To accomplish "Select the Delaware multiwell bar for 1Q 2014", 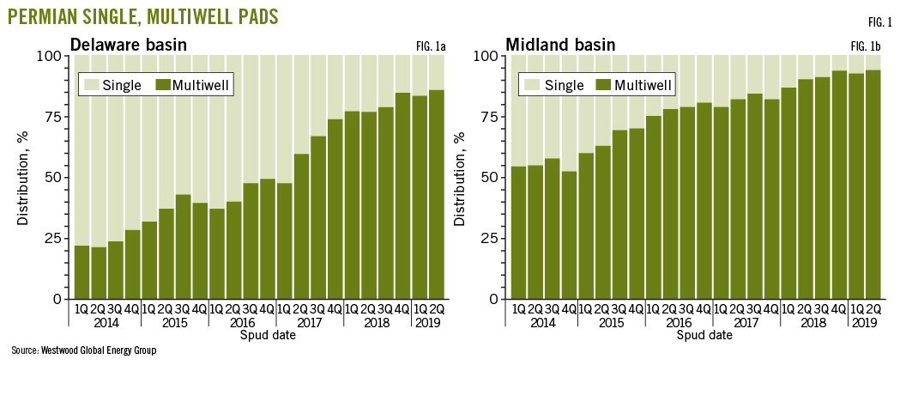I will [82, 272].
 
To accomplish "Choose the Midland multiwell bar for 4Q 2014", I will [568, 235].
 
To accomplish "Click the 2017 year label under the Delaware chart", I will [310, 323].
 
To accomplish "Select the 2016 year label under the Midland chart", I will [678, 323].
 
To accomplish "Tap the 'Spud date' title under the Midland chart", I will [704, 336].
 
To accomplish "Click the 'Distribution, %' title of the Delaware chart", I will [23, 178].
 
